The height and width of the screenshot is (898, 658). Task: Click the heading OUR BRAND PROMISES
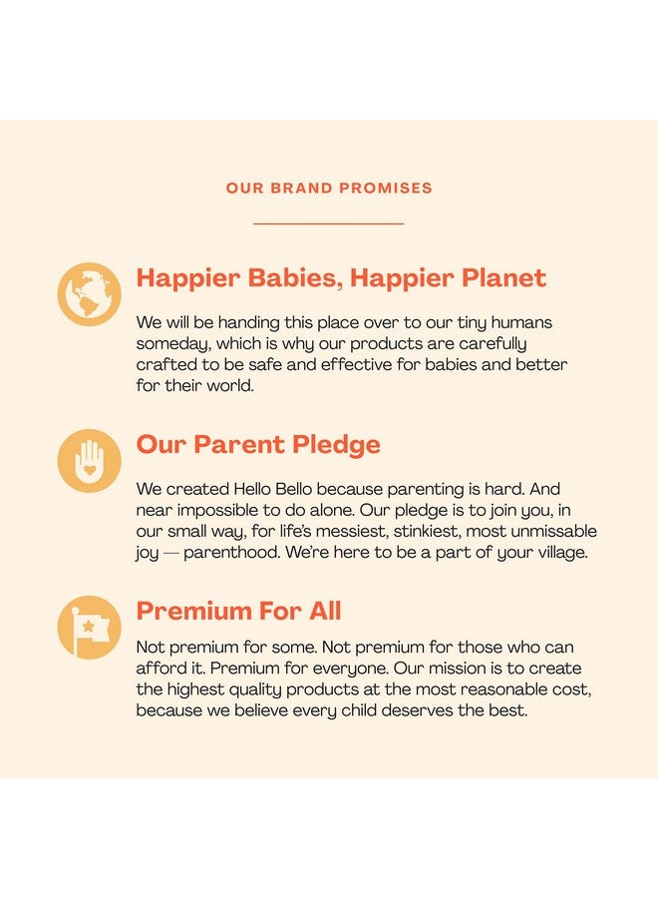[329, 188]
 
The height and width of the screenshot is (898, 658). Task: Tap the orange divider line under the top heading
[329, 224]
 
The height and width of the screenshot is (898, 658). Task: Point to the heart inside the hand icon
[90, 468]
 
